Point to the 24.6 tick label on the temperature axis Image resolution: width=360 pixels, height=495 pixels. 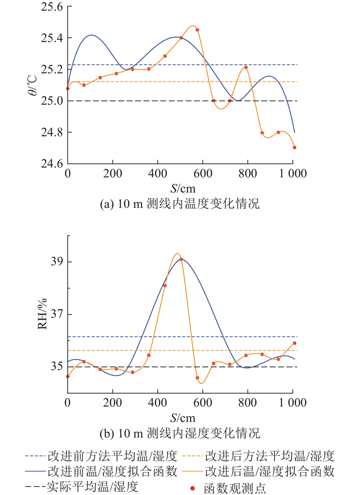pyautogui.click(x=50, y=164)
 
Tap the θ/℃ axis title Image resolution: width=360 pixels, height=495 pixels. pyautogui.click(x=38, y=85)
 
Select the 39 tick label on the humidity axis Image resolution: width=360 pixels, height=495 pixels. pyautogui.click(x=56, y=262)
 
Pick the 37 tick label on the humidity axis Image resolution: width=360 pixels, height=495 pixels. pyautogui.click(x=56, y=314)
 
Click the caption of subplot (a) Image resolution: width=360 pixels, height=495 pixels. pyautogui.click(x=180, y=204)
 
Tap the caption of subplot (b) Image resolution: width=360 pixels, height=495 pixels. pyautogui.click(x=180, y=434)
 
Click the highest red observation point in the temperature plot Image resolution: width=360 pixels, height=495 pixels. pyautogui.click(x=197, y=30)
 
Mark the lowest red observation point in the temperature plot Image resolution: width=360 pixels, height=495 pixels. pyautogui.click(x=294, y=147)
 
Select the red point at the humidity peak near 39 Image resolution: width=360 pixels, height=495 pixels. pyautogui.click(x=181, y=259)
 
